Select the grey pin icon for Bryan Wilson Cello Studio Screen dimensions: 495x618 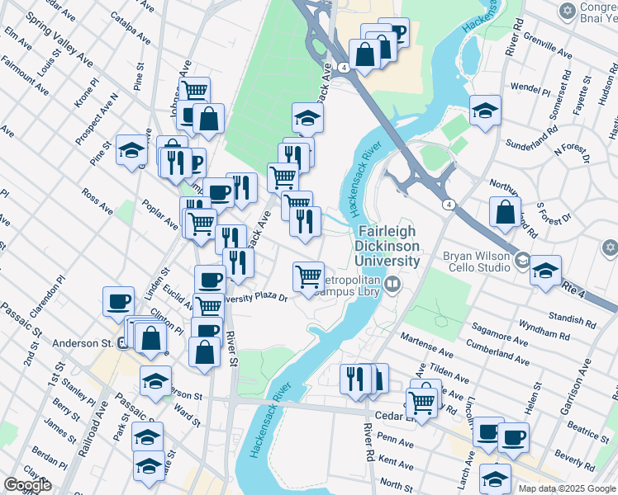coord(521,262)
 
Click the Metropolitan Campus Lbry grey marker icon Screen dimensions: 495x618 coord(392,285)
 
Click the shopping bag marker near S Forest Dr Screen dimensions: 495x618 coord(505,212)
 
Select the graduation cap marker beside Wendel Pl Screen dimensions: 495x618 coord(485,109)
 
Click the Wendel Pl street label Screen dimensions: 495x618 coord(525,87)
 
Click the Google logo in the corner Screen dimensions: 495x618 coord(28,485)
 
